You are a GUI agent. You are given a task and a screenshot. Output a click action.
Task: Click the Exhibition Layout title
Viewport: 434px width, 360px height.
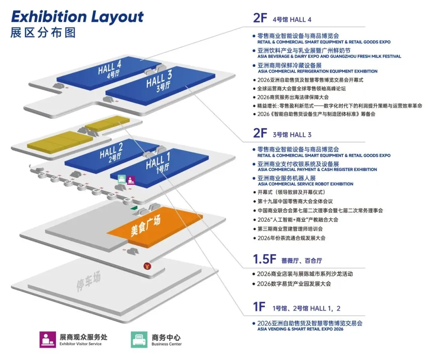point(77,17)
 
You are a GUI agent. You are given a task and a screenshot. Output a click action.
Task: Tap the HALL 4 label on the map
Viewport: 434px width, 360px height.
point(109,67)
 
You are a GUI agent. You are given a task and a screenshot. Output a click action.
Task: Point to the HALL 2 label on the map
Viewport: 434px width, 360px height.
point(111,152)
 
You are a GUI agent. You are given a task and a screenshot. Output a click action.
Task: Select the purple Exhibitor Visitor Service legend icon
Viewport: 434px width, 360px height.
point(47,340)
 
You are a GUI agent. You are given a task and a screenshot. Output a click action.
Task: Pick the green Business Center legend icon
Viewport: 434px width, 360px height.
point(139,340)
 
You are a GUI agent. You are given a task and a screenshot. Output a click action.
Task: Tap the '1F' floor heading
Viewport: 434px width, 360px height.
point(260,307)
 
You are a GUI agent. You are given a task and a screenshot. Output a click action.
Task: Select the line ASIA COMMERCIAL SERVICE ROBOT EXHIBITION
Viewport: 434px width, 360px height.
point(305,184)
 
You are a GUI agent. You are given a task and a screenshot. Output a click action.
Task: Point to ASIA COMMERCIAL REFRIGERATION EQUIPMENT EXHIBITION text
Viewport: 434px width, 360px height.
point(317,71)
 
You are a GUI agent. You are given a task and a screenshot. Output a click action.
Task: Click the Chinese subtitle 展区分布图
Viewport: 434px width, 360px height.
point(43,33)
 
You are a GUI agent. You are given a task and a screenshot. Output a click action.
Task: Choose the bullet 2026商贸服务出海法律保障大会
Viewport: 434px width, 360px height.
point(299,97)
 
